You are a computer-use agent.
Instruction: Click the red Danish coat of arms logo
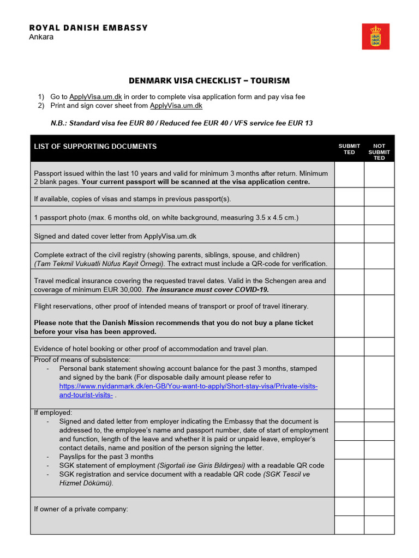pos(375,36)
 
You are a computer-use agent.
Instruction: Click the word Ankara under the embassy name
pos(41,37)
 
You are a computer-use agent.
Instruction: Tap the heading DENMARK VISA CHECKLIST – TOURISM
pos(209,81)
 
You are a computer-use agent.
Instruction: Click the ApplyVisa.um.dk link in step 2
pos(176,106)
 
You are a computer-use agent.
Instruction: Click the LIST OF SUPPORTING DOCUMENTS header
pos(95,146)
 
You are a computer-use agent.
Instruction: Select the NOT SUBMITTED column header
pos(379,152)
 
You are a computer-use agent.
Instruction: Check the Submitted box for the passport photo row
pos(349,215)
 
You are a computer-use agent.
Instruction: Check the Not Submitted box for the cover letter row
pos(379,234)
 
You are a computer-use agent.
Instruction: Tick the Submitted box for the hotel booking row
pos(349,347)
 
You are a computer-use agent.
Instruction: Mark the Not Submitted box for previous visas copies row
pos(379,197)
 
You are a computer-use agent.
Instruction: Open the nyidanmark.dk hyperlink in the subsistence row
pos(188,386)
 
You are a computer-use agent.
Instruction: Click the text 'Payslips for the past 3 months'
pos(106,457)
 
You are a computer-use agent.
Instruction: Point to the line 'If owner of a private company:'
pos(81,509)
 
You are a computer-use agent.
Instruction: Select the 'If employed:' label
pos(53,413)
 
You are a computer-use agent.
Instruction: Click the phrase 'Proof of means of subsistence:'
pos(82,360)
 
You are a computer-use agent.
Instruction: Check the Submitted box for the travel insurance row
pos(349,281)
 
